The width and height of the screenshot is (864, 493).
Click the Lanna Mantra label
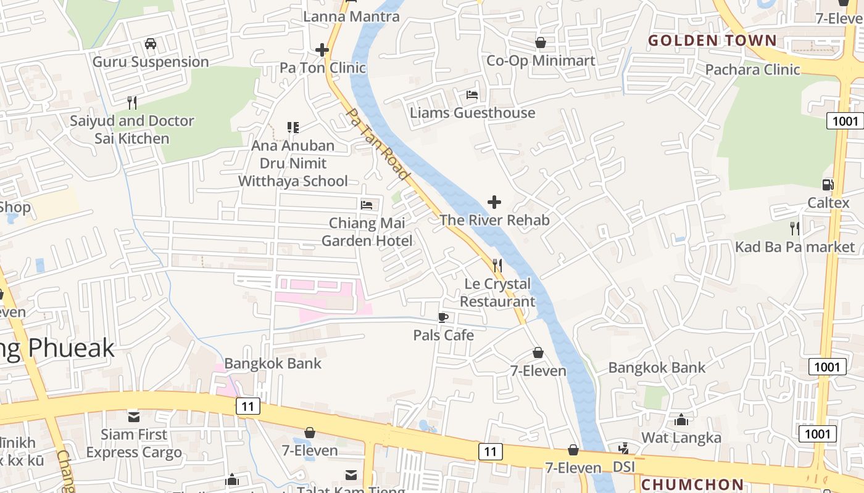351,17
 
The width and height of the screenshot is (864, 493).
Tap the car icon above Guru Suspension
150,44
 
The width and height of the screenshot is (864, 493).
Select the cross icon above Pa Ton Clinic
322,50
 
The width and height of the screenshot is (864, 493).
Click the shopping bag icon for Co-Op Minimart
541,42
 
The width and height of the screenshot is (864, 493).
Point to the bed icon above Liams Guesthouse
472,95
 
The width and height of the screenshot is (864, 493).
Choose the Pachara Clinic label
752,69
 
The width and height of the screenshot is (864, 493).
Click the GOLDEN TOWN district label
712,41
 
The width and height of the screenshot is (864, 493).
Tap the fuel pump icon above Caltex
828,184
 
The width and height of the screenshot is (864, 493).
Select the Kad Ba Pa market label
795,247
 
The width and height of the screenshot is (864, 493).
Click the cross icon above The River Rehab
494,202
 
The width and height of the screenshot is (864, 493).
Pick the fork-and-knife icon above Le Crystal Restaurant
497,266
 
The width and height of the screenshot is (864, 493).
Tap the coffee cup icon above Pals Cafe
442,317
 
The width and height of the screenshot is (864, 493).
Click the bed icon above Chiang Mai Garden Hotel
367,205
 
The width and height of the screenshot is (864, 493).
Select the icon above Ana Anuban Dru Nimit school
293,128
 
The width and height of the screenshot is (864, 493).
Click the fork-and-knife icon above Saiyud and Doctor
131,102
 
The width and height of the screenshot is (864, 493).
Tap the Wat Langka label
681,438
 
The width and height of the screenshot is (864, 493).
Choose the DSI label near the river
625,467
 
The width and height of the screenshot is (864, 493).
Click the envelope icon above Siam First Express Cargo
134,417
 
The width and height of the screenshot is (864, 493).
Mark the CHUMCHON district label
692,484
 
